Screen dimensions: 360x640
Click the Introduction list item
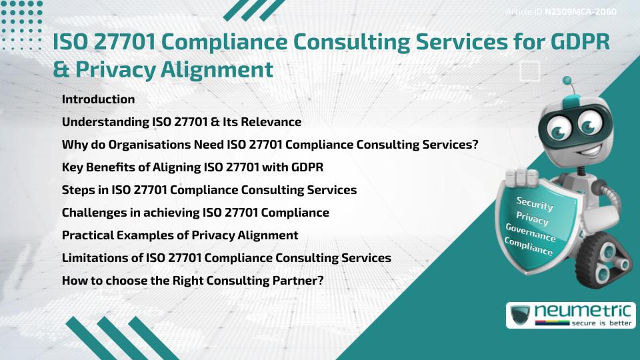tap(98, 99)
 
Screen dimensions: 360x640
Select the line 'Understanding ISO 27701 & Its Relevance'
tap(181, 122)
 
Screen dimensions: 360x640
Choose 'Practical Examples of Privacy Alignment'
tap(179, 235)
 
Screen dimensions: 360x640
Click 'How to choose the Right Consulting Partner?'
tap(193, 280)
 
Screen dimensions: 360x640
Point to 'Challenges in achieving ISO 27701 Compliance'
tap(195, 213)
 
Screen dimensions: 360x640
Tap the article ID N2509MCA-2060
tap(580, 12)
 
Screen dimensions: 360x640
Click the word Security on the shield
tap(535, 203)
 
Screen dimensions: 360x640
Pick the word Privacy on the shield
tap(532, 219)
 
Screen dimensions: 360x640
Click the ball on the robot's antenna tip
tap(567, 81)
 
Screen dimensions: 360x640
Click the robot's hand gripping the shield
tap(523, 179)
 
